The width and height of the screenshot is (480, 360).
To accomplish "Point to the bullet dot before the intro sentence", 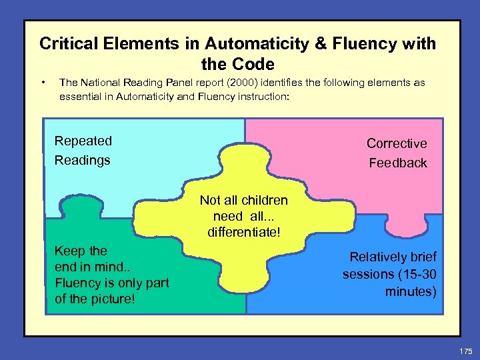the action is (x=43, y=83).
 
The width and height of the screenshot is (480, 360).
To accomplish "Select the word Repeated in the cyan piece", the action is (x=83, y=141).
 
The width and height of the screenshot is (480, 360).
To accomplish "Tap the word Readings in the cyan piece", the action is (x=83, y=160).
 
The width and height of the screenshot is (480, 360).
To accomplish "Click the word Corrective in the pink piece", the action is (x=397, y=143).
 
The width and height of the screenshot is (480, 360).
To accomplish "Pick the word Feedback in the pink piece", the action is (x=398, y=163).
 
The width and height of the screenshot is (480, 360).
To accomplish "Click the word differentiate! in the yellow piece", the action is (x=243, y=232).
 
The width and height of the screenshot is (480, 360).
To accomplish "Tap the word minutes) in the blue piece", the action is (x=411, y=291).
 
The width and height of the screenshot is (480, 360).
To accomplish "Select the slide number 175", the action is (x=465, y=349).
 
